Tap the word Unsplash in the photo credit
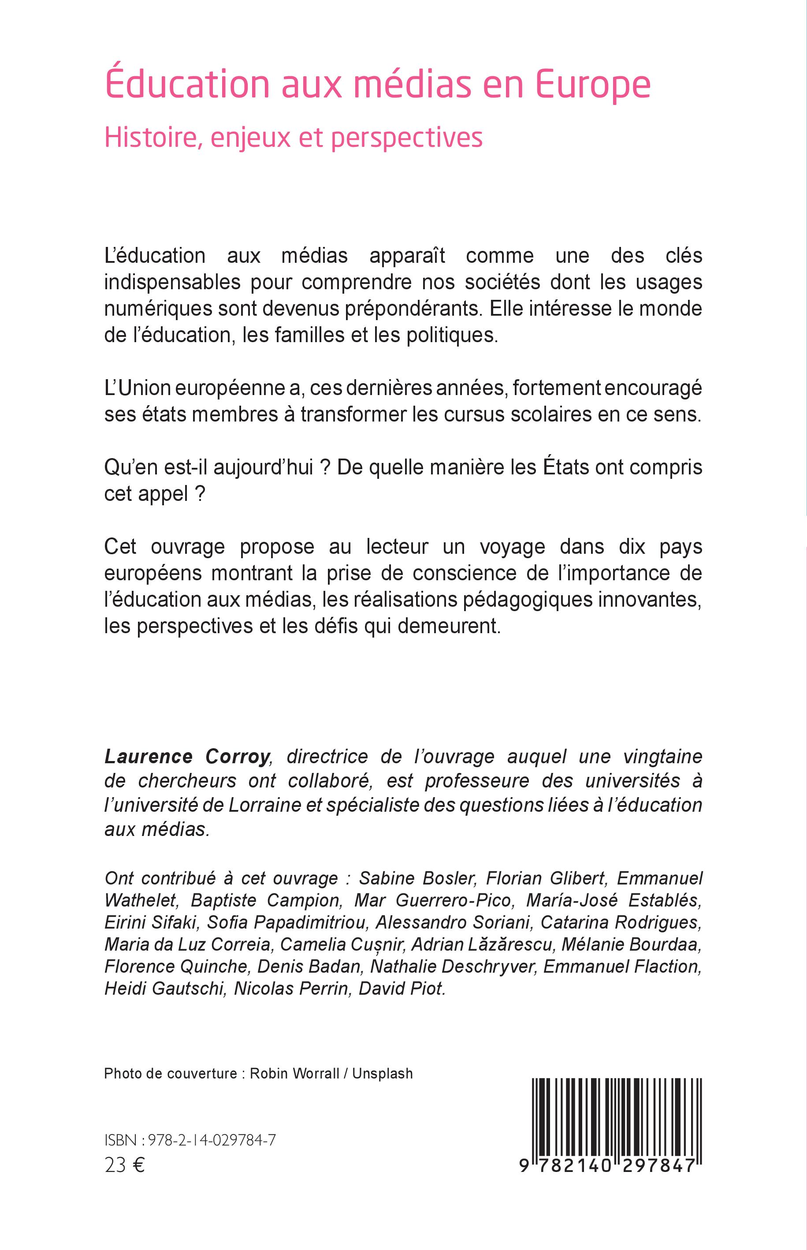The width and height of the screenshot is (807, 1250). coord(382,1073)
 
